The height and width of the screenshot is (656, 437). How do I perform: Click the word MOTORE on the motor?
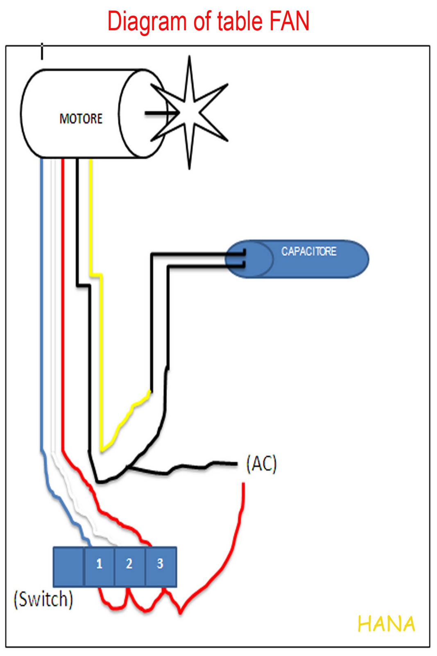click(81, 119)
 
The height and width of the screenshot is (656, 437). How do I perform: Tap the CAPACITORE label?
click(308, 251)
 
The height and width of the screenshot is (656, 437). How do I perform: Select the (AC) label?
click(261, 464)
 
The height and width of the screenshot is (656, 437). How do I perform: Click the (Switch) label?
click(43, 599)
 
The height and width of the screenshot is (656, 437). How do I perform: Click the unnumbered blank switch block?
click(68, 566)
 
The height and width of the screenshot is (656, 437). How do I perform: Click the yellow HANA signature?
click(386, 624)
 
